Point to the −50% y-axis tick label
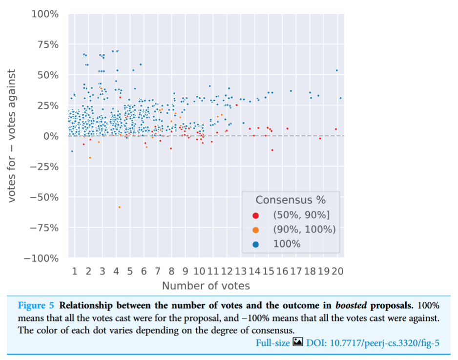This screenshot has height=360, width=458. (44, 197)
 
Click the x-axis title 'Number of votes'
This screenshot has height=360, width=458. (206, 286)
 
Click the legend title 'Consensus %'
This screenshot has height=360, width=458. (291, 200)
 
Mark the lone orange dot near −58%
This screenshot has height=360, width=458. (119, 207)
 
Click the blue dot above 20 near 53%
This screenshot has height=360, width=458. (337, 70)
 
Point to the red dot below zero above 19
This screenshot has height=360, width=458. (320, 139)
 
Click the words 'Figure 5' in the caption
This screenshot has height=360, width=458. (36, 306)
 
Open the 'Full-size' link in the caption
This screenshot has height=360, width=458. (272, 343)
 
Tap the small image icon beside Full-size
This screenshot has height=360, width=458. (298, 343)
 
